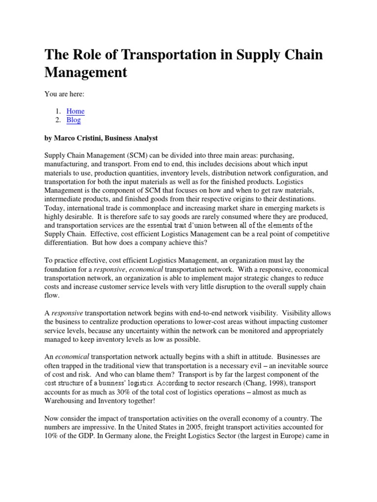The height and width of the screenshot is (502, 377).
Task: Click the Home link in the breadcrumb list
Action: tap(76, 111)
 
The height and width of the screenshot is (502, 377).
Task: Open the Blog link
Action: tap(74, 120)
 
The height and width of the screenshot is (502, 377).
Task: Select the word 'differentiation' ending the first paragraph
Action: tap(69, 235)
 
